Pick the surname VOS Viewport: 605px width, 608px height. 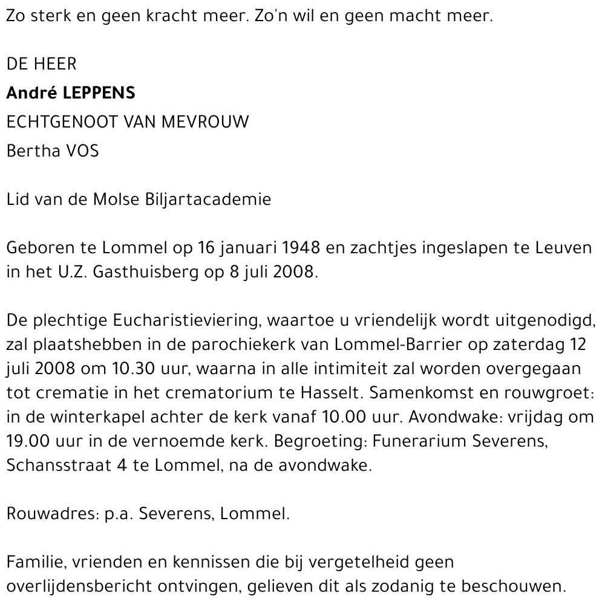pyautogui.click(x=82, y=150)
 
